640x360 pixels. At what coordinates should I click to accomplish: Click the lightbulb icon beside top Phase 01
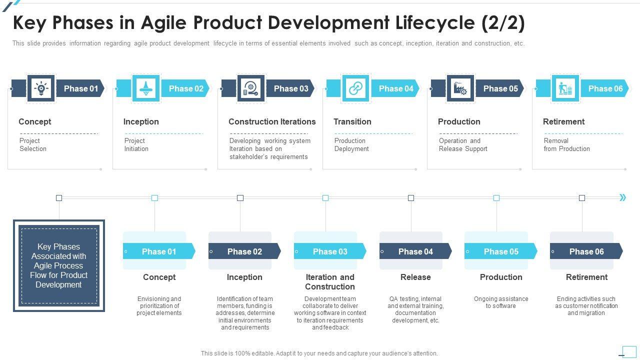click(x=41, y=88)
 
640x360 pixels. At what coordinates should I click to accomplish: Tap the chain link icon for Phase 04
click(x=355, y=88)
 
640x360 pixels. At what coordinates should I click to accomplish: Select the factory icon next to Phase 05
click(x=460, y=88)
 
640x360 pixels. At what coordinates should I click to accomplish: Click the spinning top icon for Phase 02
click(x=145, y=88)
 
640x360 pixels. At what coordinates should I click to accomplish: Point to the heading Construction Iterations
click(x=272, y=121)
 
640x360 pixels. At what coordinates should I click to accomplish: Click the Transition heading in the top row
click(x=352, y=121)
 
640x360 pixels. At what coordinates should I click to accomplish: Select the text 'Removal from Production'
click(x=566, y=145)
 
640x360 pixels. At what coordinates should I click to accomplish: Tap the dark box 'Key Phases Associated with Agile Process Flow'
click(x=59, y=265)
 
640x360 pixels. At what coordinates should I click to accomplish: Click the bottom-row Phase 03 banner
click(x=329, y=251)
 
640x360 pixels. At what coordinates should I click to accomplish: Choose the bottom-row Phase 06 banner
click(x=586, y=251)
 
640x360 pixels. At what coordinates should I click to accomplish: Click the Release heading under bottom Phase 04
click(x=415, y=277)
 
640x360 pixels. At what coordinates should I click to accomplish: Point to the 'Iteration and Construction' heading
click(x=330, y=282)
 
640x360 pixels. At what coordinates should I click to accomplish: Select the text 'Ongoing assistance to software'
click(x=501, y=302)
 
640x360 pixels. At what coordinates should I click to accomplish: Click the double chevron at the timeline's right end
click(x=623, y=197)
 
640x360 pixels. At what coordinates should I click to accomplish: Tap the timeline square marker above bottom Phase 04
click(x=411, y=198)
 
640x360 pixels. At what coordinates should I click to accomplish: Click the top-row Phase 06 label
click(x=605, y=88)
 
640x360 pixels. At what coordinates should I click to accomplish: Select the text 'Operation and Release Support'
click(x=463, y=145)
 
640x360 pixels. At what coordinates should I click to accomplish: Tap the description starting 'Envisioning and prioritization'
click(x=159, y=306)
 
